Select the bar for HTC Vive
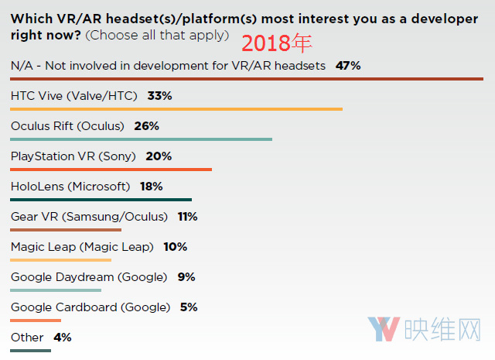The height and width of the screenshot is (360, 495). tap(176, 109)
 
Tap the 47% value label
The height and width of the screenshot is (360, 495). tap(348, 66)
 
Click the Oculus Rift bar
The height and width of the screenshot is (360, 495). tap(142, 139)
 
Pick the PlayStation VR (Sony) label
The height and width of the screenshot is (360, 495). tap(73, 156)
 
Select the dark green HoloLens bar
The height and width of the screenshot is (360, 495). tap(101, 199)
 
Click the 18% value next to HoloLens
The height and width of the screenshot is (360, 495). tap(151, 187)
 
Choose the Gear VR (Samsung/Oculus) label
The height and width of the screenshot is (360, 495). tap(89, 217)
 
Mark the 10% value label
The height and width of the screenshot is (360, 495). tap(175, 247)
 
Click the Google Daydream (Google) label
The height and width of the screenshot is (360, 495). tap(89, 277)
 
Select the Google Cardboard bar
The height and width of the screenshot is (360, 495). tap(36, 320)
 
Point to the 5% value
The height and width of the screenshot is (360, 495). tap(189, 307)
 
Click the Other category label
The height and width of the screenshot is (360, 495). tap(27, 338)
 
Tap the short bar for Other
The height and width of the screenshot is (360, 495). tap(31, 350)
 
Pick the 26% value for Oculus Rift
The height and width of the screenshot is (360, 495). tap(145, 126)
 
